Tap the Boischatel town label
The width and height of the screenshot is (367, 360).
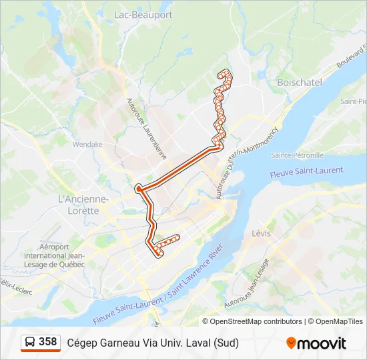(x=299, y=82)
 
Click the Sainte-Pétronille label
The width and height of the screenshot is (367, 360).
(x=298, y=155)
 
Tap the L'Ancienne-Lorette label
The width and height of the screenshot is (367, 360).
(x=83, y=205)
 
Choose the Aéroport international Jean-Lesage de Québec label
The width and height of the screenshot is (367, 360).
(x=55, y=255)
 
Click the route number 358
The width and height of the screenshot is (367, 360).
(x=47, y=342)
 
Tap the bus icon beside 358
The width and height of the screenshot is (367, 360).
(x=30, y=343)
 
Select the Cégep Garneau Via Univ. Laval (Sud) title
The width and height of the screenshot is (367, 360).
(x=152, y=343)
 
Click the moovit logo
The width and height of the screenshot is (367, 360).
(x=316, y=343)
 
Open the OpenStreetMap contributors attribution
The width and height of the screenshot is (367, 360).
(x=256, y=321)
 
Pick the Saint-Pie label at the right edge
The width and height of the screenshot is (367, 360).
(x=353, y=101)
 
